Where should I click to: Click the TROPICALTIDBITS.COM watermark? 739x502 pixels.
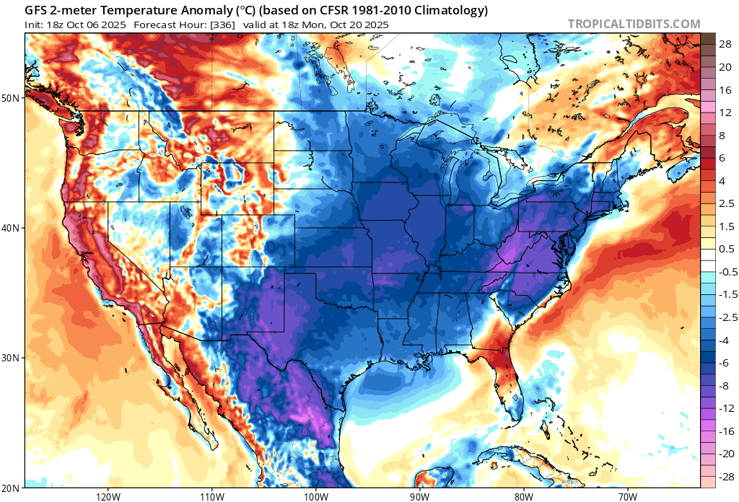point(634,24)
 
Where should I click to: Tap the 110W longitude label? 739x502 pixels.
point(211,497)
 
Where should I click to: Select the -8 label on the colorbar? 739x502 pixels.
point(722,386)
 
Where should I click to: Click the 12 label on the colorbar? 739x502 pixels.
point(723,113)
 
